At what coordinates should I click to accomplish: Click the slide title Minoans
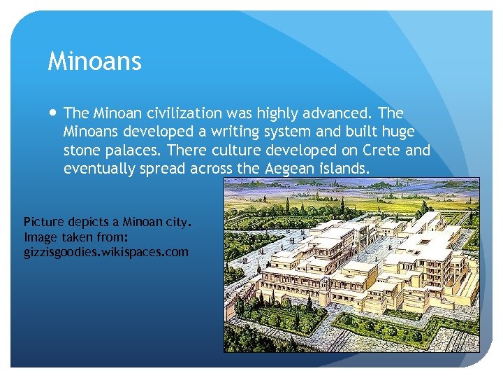(x=94, y=62)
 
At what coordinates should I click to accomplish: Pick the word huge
(x=398, y=132)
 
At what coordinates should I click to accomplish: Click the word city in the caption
(x=175, y=223)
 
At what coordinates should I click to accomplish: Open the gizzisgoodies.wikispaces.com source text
(x=106, y=251)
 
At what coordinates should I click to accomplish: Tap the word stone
(x=81, y=150)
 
